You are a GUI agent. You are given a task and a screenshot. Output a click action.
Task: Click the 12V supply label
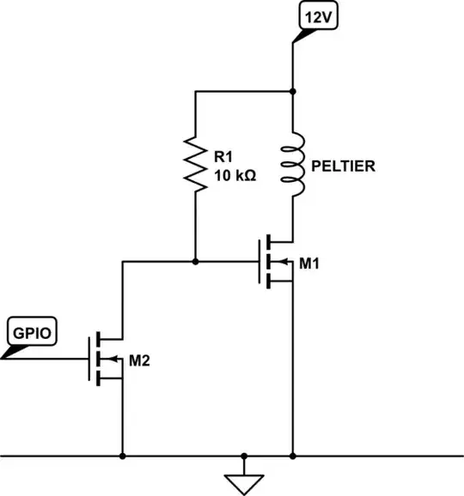pyautogui.click(x=314, y=16)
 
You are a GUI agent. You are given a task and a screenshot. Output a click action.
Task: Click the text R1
pyautogui.click(x=223, y=157)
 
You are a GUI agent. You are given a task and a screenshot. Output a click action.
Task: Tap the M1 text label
pyautogui.click(x=308, y=262)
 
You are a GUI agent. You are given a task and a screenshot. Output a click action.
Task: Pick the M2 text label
pyautogui.click(x=140, y=360)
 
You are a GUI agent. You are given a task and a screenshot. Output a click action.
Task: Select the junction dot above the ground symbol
pyautogui.click(x=244, y=455)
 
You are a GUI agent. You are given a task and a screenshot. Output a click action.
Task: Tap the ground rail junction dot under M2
pyautogui.click(x=123, y=455)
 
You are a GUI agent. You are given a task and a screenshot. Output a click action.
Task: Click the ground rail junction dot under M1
pyautogui.click(x=294, y=455)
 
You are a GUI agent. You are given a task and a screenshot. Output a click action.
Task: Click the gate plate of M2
pyautogui.click(x=89, y=358)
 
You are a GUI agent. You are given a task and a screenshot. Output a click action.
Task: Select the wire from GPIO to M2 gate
pyautogui.click(x=52, y=358)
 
